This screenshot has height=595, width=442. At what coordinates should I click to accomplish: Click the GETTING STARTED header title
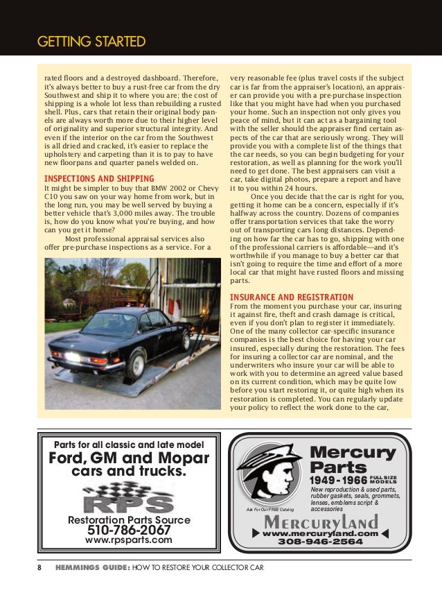91,42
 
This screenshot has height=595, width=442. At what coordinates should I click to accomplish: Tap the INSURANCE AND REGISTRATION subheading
292,297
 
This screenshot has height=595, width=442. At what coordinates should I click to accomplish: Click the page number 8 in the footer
39,567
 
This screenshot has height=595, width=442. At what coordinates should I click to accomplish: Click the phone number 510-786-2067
128,531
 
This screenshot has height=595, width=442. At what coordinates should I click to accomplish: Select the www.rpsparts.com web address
128,541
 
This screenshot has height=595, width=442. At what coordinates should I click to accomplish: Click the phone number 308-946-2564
320,542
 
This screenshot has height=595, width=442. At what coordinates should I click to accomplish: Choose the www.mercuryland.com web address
320,533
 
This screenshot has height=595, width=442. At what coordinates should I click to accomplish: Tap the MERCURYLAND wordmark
319,521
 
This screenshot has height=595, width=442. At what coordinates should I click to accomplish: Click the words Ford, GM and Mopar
128,458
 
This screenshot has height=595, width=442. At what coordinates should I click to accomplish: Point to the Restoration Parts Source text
128,519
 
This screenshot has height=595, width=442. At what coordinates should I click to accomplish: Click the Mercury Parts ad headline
352,460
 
